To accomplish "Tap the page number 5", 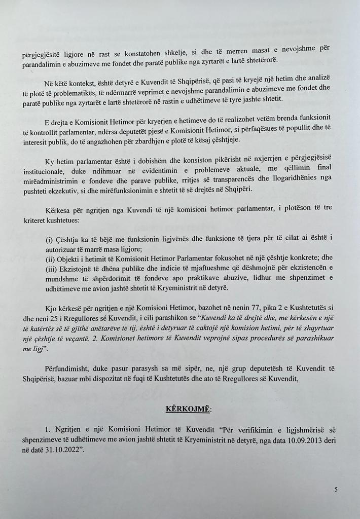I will coord(336,489).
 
